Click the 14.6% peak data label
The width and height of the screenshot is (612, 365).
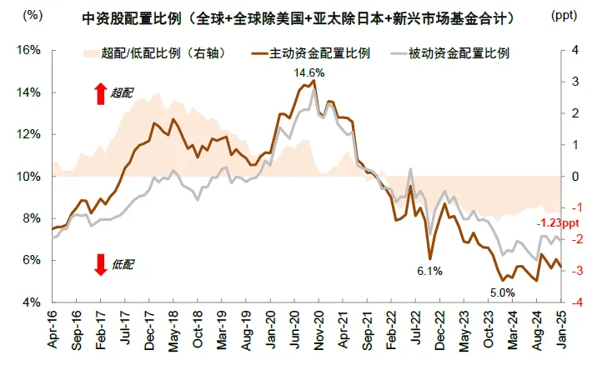[x=309, y=73]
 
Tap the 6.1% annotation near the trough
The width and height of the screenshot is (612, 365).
[x=429, y=272]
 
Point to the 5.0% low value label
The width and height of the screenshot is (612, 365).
[x=502, y=292]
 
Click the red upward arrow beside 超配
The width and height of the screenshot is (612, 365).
[x=100, y=92]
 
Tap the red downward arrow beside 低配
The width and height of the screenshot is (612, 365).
[x=100, y=264]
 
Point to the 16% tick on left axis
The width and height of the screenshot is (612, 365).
[x=30, y=50]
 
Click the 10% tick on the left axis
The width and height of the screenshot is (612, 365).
[x=30, y=176]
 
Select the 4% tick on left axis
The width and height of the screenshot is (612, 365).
[x=33, y=302]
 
